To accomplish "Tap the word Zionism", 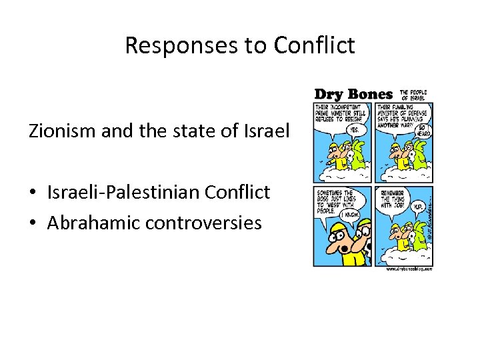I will (61, 131).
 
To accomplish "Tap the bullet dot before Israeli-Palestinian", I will (33, 193).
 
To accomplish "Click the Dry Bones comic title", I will (353, 95).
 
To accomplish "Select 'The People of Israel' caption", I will (413, 95).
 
